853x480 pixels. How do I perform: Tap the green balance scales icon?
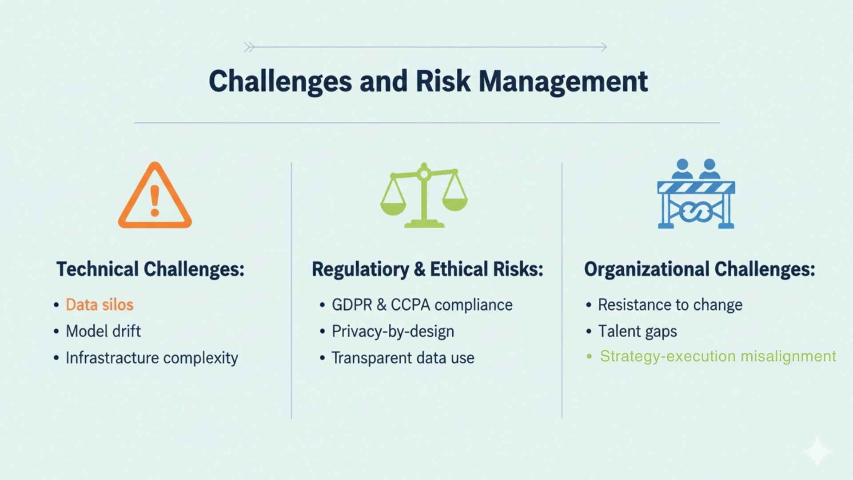(x=424, y=196)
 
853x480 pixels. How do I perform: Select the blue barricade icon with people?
(x=696, y=194)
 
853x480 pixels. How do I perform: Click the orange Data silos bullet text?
(x=100, y=305)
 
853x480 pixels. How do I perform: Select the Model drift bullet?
(x=103, y=331)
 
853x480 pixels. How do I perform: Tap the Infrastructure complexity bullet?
(x=152, y=358)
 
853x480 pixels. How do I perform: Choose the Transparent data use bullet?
(x=403, y=358)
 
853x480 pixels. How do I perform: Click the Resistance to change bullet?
(x=670, y=305)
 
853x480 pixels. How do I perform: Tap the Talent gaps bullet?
(x=638, y=332)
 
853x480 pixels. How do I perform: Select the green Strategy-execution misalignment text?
(x=718, y=356)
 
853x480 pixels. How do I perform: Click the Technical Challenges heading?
(x=151, y=269)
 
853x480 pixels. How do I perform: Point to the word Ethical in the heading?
(x=459, y=269)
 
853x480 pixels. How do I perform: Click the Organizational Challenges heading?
(x=699, y=269)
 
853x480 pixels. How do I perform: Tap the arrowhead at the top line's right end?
(x=604, y=47)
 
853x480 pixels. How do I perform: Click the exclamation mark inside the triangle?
(x=155, y=201)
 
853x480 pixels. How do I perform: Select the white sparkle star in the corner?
(x=817, y=452)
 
